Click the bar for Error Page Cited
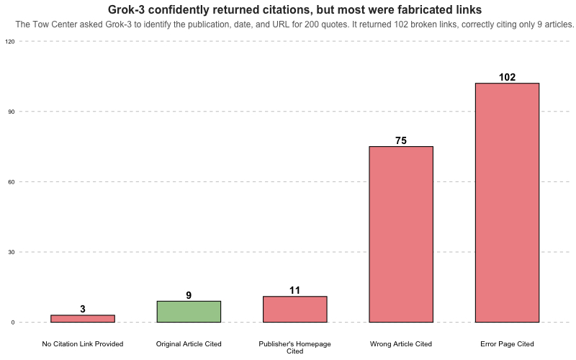(507, 202)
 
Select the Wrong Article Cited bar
(401, 234)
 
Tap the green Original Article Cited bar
(189, 312)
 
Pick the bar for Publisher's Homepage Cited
(295, 310)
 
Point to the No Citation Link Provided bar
(83, 318)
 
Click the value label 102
(507, 77)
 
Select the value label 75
(401, 140)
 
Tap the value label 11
(295, 290)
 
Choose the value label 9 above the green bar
(189, 295)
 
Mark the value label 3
(83, 309)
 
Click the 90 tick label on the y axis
(11, 112)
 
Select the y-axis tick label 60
(11, 182)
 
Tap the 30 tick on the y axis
(11, 252)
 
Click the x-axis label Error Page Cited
(507, 344)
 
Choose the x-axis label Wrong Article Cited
(401, 344)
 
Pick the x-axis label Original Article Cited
(189, 344)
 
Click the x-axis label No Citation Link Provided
(83, 344)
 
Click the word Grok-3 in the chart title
(125, 10)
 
